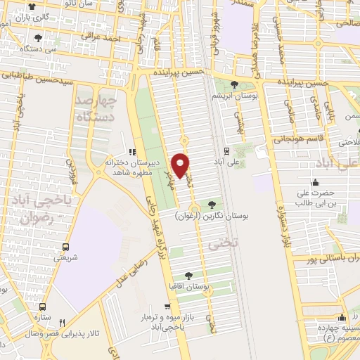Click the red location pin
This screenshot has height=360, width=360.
click(181, 165)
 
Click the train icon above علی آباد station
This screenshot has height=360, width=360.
click(226, 150)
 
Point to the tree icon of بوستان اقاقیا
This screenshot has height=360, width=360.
click(188, 276)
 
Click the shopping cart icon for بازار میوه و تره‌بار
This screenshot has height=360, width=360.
click(167, 307)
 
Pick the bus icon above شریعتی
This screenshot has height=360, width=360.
click(65, 247)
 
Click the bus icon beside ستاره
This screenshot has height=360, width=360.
click(43, 307)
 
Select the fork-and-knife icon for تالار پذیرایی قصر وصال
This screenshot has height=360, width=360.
click(62, 323)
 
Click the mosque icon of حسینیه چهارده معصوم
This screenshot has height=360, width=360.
click(342, 317)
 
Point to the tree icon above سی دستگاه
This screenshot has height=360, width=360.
click(37, 39)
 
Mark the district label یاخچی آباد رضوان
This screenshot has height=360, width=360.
click(39, 208)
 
